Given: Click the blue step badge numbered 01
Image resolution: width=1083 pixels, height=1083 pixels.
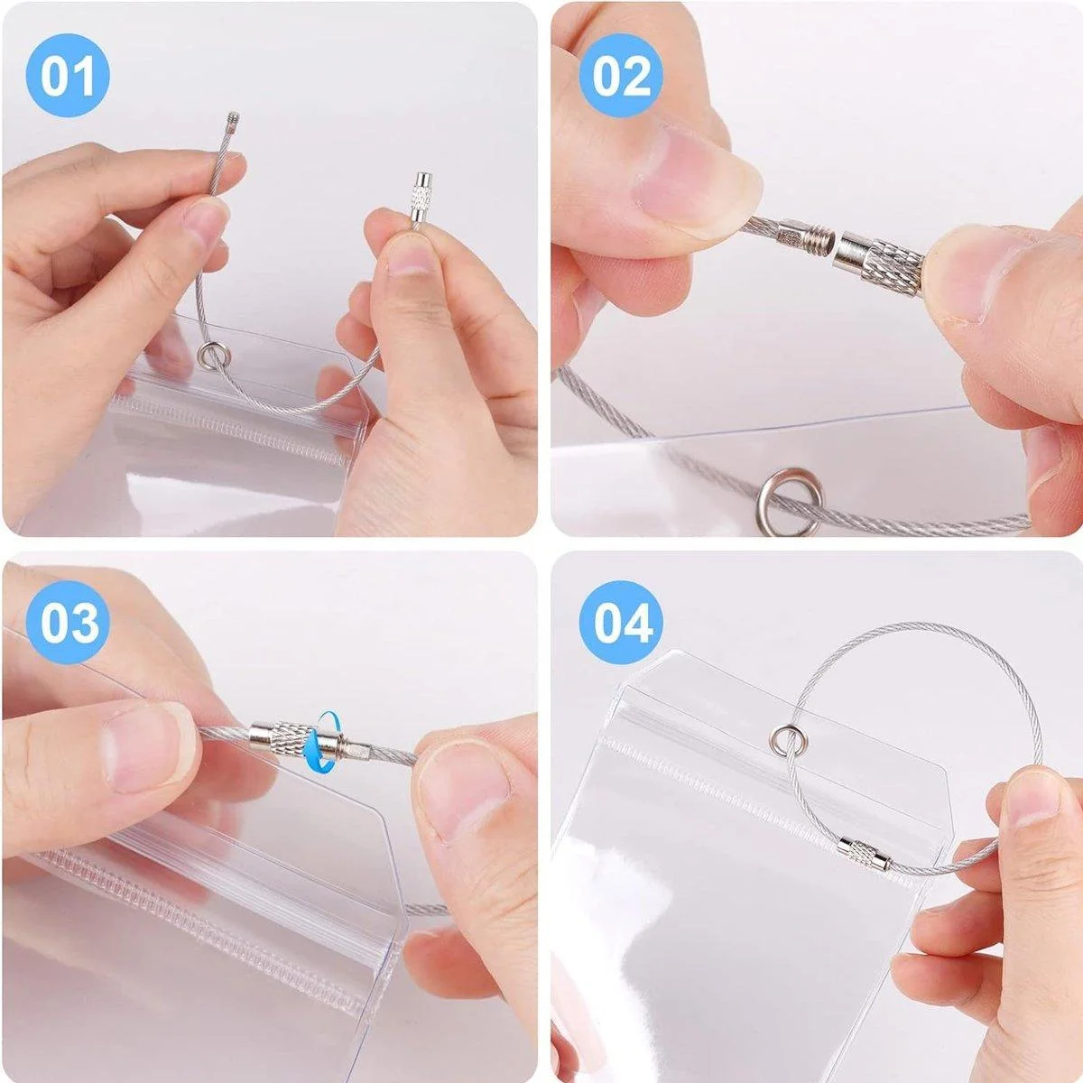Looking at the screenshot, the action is coord(68,75).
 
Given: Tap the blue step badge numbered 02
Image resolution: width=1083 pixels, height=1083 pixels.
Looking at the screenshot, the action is coord(621,75).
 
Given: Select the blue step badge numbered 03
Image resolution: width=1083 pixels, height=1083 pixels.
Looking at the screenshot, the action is coord(68,623).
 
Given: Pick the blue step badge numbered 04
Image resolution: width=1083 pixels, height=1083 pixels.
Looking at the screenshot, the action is coord(621,623).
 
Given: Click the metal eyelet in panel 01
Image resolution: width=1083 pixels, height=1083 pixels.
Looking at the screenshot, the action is coord(210,356).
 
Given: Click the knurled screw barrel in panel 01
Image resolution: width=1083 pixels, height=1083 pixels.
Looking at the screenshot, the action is coord(421,199).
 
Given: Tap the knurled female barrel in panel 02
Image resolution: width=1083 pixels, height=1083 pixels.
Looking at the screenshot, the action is coord(880,261).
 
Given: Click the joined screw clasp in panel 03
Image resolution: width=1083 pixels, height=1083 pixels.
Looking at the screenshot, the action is coord(310,736).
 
